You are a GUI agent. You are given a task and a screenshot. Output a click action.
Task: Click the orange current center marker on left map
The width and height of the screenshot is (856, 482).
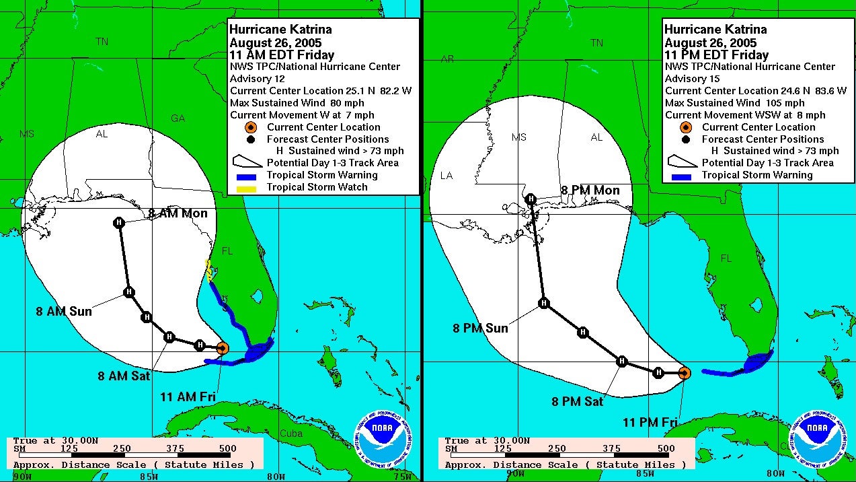point(223,347)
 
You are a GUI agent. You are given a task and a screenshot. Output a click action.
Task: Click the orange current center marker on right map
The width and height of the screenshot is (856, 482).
point(684,373)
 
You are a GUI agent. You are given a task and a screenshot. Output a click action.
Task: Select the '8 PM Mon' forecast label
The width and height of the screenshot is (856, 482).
point(590,191)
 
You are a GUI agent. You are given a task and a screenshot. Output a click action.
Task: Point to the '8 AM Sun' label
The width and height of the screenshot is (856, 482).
point(64,312)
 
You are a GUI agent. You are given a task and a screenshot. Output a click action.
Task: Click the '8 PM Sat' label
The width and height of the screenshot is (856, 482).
point(578,402)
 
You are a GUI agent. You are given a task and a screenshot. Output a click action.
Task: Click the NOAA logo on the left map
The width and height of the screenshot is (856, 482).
point(381,437)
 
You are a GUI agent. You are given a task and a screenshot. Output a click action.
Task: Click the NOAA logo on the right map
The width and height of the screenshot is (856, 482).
point(816,437)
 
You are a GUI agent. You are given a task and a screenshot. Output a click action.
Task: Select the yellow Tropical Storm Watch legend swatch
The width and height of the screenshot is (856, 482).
point(247,187)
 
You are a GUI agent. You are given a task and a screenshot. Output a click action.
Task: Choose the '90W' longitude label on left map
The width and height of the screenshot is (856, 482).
point(22,476)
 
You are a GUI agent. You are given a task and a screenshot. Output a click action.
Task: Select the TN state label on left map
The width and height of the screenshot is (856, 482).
point(102,42)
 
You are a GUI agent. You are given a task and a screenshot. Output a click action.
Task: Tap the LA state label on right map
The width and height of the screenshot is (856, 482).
point(446,176)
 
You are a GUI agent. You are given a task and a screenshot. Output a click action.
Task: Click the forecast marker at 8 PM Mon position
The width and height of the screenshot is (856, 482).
point(531,199)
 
